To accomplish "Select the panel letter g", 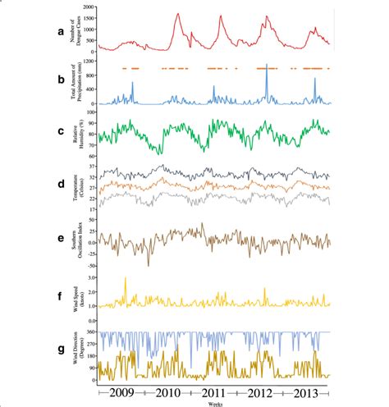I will click(50, 355).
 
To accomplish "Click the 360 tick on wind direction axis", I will click(90, 332).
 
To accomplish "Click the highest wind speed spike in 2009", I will click(126, 279).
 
